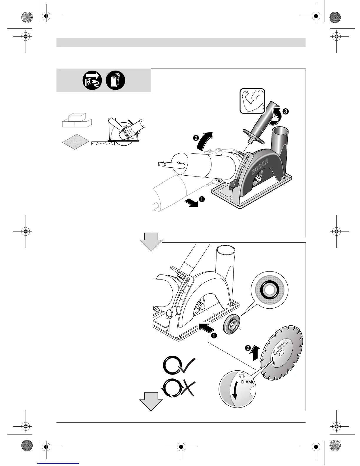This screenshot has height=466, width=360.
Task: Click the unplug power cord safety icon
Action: coord(92,80)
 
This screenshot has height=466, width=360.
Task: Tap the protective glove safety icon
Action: coord(116,80)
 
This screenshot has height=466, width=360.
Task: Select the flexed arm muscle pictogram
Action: coord(252,101)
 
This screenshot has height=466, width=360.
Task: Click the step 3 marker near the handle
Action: coord(286,111)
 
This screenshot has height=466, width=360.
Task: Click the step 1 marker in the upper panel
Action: coord(202,199)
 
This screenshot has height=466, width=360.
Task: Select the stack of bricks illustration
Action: coord(77,121)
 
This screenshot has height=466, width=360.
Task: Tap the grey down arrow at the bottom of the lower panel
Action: coord(151,400)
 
